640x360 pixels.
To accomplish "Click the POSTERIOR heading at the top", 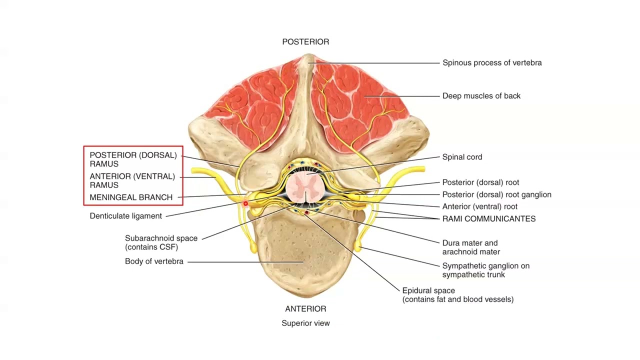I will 305,42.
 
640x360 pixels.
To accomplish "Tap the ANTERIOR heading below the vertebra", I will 305,309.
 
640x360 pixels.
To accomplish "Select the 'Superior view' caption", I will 305,323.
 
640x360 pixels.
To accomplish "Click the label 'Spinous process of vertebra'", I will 492,63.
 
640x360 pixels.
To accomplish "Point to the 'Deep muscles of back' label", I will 481,96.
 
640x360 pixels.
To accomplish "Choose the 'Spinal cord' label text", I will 462,157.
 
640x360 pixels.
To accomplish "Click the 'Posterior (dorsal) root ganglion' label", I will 496,194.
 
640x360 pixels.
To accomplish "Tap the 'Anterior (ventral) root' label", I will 479,206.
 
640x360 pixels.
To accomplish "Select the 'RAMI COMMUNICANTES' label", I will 488,219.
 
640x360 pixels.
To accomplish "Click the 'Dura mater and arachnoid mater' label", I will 470,247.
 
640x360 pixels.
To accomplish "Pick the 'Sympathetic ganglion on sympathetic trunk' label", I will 485,270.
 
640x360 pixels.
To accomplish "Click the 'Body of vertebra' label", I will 154,261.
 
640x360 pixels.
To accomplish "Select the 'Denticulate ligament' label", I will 125,216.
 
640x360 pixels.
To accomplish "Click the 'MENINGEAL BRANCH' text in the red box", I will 131,197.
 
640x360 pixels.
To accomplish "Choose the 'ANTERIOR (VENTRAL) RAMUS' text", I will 132,180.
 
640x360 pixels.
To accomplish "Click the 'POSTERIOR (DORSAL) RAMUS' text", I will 133,159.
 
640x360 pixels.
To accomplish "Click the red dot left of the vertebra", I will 245,204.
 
